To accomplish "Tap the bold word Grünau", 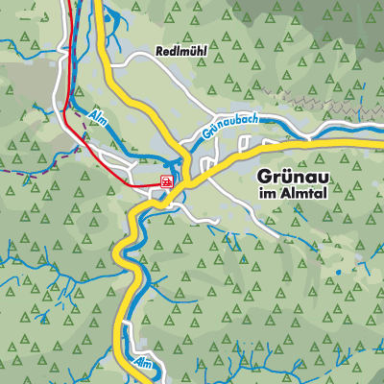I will point(296,177).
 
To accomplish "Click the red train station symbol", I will point(167,180).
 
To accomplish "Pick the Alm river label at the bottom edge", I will point(143,363).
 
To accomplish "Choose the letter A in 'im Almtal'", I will point(281,195).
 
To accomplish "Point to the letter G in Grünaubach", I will point(207,136).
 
